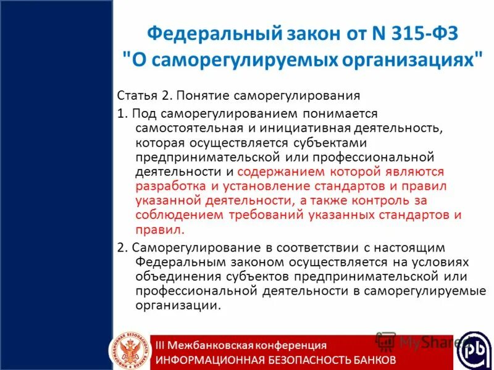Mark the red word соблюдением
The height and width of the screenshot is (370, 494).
point(174,215)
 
